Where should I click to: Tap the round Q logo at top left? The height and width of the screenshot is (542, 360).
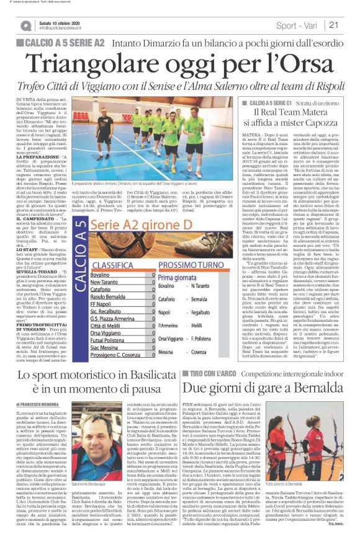pos(25,25)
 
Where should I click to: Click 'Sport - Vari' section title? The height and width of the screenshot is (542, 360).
pos(295,25)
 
